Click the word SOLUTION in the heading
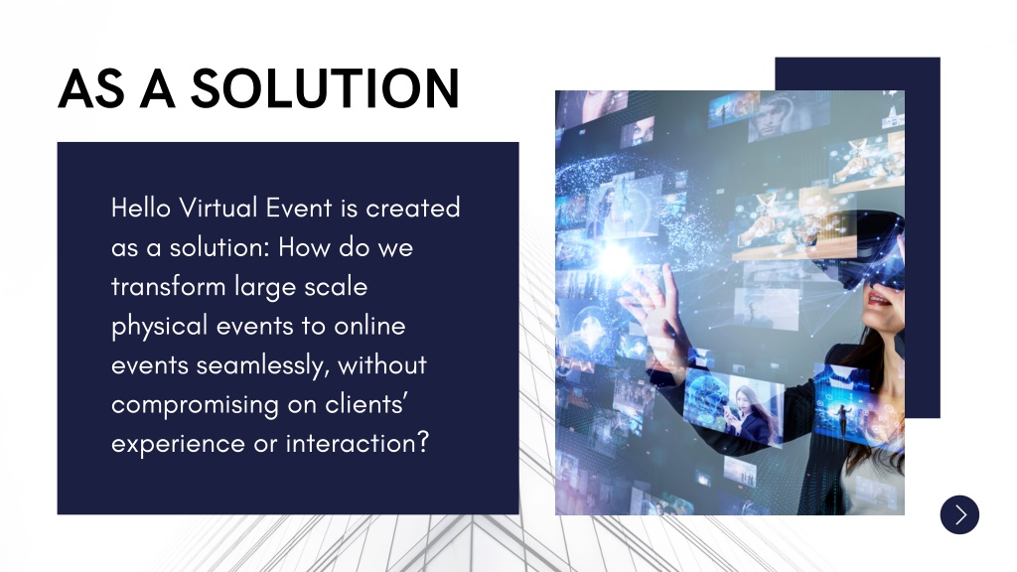[x=325, y=88]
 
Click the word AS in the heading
[x=91, y=88]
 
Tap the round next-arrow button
[x=959, y=515]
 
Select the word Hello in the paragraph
[x=141, y=209]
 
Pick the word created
[x=412, y=209]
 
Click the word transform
[x=168, y=287]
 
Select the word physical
[x=160, y=327]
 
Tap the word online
[x=369, y=326]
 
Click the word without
[x=382, y=365]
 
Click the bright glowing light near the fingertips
[x=614, y=260]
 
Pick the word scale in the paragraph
[x=336, y=287]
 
